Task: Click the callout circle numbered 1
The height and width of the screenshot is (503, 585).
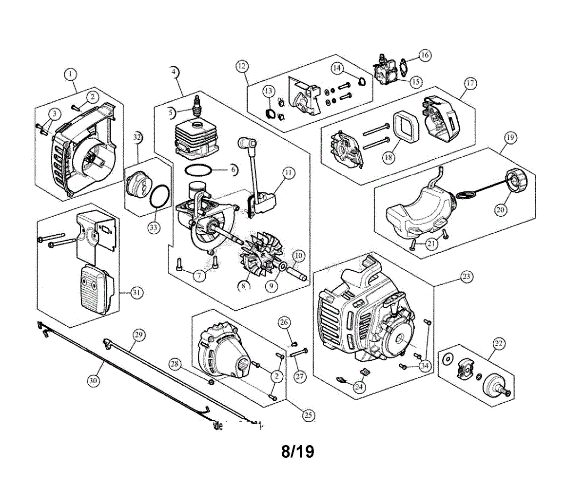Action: (x=71, y=74)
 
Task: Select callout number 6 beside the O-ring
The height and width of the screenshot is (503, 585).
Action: (x=233, y=169)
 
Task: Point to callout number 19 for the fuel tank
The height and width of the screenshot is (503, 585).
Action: (x=509, y=138)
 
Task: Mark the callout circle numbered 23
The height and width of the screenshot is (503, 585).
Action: (x=466, y=277)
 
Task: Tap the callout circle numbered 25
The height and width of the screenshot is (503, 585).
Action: (x=308, y=415)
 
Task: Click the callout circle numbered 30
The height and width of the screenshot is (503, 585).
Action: (x=94, y=380)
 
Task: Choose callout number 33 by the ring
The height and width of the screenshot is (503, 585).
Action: (x=154, y=227)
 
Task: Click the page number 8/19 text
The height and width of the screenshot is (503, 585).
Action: (x=297, y=451)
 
